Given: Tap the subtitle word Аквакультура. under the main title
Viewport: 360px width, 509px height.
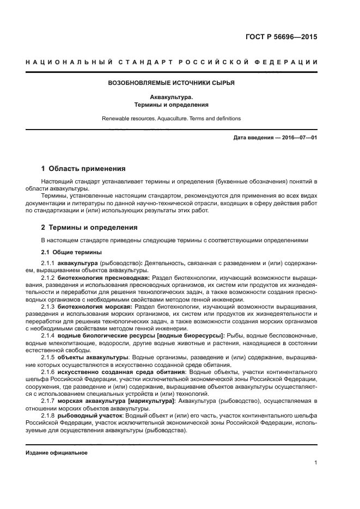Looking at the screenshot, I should coord(172,97).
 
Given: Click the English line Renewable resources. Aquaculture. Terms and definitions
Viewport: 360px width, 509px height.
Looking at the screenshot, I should coord(172,118).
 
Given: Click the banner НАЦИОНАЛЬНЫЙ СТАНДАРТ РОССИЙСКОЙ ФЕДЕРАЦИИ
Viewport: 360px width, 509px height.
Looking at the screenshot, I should coord(172,62).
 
